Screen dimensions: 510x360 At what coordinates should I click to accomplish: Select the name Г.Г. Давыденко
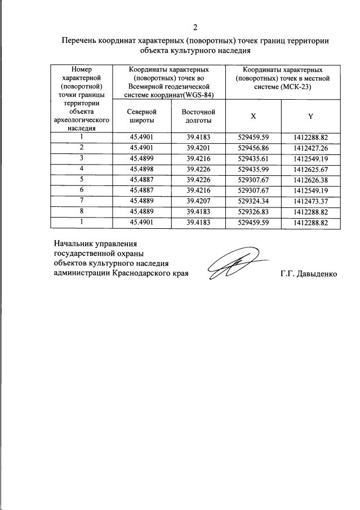pyautogui.click(x=308, y=274)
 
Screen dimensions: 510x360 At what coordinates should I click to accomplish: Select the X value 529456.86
pyautogui.click(x=254, y=147)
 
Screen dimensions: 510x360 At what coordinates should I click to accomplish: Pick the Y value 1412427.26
pyautogui.click(x=310, y=147)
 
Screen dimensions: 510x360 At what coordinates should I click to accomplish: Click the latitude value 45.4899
pyautogui.click(x=141, y=158)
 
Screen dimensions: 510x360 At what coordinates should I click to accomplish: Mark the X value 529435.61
pyautogui.click(x=254, y=158)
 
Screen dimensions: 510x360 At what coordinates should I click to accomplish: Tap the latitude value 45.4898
pyautogui.click(x=141, y=168)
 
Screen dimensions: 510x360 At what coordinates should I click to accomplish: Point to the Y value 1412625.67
pyautogui.click(x=310, y=168)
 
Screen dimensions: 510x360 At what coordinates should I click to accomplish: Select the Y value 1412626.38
pyautogui.click(x=310, y=180)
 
